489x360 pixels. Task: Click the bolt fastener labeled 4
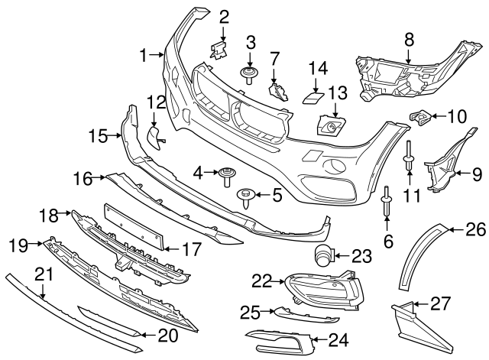(226, 175)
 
